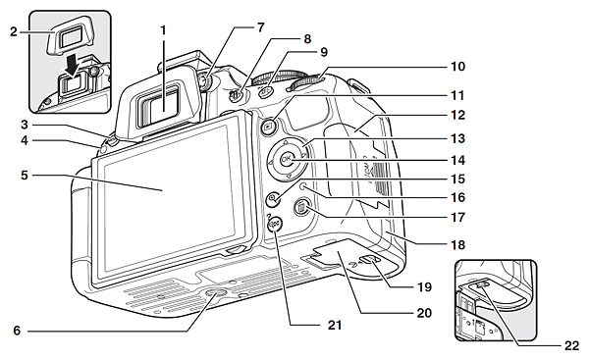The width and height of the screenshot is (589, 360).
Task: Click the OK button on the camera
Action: tap(287, 160)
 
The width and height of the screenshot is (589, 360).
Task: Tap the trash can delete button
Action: tap(301, 208)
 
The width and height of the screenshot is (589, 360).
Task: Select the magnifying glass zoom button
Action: tap(273, 198)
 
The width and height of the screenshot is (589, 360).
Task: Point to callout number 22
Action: tap(571, 345)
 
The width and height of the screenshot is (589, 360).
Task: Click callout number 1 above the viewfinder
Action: tap(163, 30)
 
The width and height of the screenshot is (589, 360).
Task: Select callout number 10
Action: tap(457, 66)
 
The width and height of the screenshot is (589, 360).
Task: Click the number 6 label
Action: tap(17, 331)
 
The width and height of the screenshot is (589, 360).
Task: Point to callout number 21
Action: tap(335, 325)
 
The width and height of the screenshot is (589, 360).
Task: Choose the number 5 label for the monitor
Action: tap(25, 175)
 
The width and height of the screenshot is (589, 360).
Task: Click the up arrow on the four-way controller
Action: tap(286, 142)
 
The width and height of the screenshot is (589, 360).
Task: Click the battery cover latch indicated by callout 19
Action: tap(368, 259)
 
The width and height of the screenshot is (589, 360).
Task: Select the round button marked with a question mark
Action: tap(275, 224)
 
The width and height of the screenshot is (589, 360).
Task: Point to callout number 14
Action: tap(457, 160)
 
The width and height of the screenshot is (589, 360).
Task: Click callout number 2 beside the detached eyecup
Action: tap(14, 32)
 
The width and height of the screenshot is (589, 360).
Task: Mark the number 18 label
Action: tap(457, 245)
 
